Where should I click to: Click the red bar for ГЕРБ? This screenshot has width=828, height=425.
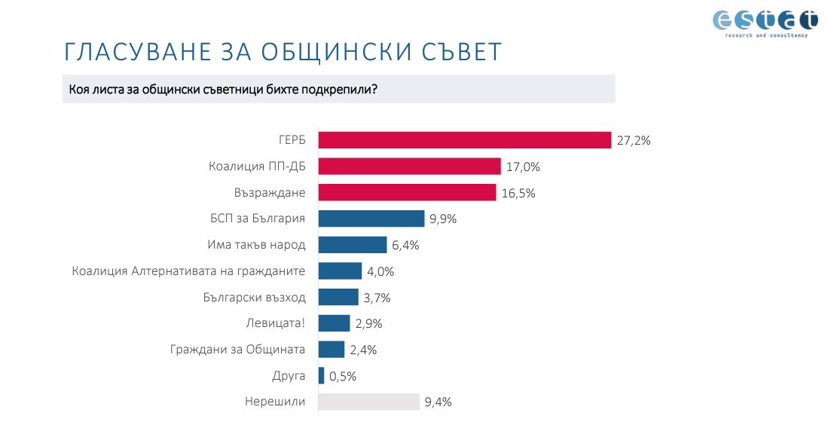point(464,140)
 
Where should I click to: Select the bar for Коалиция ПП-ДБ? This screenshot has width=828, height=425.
point(409,167)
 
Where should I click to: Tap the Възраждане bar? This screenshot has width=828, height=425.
point(407,193)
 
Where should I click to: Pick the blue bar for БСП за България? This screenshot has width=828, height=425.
point(371,219)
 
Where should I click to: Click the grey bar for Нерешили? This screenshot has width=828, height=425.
point(368,402)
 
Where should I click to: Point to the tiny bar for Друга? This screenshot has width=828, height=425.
point(322,375)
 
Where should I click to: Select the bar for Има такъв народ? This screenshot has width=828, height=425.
point(352,245)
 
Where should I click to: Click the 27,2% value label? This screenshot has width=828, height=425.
point(633,141)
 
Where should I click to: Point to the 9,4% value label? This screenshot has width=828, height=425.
point(438,402)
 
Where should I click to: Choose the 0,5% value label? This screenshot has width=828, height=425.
point(343,376)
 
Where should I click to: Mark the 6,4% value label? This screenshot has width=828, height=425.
point(405,246)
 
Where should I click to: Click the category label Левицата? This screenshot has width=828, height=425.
point(276,323)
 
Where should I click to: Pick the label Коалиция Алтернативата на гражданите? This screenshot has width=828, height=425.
point(188,271)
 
